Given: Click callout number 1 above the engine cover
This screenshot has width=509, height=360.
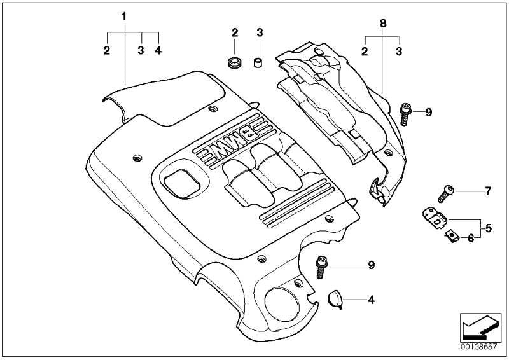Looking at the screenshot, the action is point(123,17).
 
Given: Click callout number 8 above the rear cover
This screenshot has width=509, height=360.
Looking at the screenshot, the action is point(383,24).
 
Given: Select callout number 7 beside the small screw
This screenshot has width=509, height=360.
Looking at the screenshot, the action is point(488,191).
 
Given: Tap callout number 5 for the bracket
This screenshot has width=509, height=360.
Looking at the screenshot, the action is point(489,228).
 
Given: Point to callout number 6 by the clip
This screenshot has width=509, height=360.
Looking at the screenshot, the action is point(471,239).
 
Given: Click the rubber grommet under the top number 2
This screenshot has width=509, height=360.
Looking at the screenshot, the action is point(234,62).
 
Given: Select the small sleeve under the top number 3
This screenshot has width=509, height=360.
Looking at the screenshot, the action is point(258,62).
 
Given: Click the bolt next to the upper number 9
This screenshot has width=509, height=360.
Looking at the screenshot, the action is point(405,114).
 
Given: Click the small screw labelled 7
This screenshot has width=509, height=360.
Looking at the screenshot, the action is point(445,193).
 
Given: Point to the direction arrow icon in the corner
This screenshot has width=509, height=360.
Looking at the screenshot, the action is point(480,328).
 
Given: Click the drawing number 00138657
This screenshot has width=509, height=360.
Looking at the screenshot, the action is point(478,347).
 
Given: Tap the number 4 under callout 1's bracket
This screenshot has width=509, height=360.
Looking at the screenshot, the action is point(158,50).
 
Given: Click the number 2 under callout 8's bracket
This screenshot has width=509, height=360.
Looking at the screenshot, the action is point(365,52).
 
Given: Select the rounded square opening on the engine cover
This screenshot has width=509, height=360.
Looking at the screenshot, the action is point(182,183).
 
